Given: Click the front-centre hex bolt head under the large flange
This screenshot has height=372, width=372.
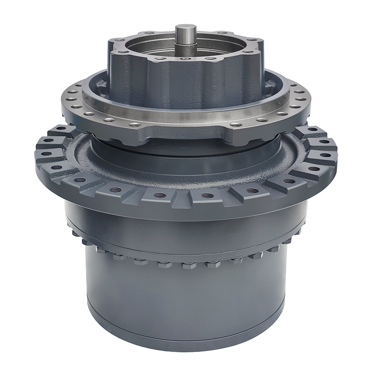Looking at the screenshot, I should [x=186, y=266].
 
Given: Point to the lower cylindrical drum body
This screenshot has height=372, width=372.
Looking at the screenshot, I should [x=186, y=302].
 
